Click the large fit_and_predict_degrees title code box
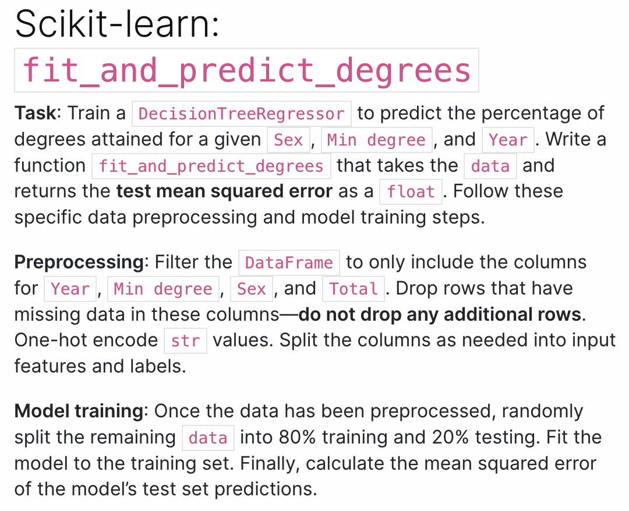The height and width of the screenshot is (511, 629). click(246, 70)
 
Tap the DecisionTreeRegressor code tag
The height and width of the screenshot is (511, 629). click(242, 113)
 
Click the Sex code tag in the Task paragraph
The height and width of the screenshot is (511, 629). click(288, 140)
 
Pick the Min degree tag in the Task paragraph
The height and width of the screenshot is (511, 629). click(376, 140)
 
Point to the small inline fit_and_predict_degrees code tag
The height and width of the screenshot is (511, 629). click(211, 166)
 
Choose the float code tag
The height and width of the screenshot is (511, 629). click(411, 191)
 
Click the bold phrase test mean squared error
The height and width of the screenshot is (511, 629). click(224, 191)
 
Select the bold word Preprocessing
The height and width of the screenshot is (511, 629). click(79, 262)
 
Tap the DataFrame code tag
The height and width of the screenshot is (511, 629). click(289, 262)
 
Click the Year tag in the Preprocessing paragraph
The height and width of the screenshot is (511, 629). click(70, 289)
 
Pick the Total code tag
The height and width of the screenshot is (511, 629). click(354, 289)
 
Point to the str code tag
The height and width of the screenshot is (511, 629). click(185, 340)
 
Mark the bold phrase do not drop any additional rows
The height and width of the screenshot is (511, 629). click(440, 314)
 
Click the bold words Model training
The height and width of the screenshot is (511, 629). click(79, 411)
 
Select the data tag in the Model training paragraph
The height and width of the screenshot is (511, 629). click(208, 437)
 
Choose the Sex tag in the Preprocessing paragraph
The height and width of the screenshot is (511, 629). click(252, 289)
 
